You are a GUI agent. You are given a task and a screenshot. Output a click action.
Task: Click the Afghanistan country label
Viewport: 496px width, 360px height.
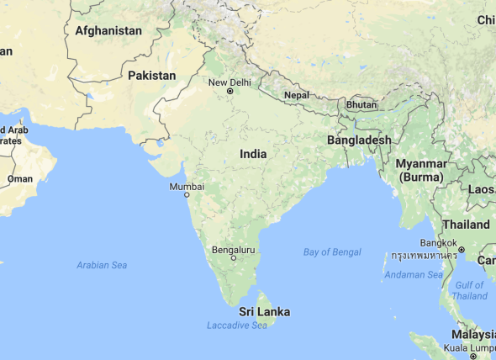click(108, 30)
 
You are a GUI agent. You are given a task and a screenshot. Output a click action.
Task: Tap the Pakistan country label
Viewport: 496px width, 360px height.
click(152, 76)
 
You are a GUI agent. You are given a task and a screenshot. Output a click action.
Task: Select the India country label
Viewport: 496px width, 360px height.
click(253, 154)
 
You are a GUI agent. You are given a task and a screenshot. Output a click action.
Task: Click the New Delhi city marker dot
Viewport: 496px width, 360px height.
click(229, 92)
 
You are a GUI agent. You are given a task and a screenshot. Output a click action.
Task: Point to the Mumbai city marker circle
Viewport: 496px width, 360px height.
click(187, 195)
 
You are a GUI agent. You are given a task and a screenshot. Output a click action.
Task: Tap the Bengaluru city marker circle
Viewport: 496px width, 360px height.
click(234, 258)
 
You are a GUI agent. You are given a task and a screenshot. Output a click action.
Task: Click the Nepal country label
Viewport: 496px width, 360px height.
click(297, 95)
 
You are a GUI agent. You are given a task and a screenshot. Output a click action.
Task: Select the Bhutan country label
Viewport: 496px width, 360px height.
click(361, 105)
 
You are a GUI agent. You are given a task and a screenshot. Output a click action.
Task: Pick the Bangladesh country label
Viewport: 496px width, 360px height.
click(359, 140)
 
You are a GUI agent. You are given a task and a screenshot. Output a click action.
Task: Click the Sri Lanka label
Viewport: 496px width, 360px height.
click(264, 312)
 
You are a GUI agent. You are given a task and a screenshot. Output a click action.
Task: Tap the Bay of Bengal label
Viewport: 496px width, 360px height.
click(332, 252)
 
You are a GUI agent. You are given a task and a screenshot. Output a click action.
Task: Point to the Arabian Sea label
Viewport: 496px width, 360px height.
click(102, 265)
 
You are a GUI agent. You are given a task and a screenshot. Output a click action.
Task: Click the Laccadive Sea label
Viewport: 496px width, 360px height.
click(237, 326)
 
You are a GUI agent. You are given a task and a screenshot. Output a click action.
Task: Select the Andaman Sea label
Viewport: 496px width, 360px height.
click(413, 275)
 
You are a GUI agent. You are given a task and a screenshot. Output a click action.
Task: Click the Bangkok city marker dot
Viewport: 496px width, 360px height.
click(462, 250)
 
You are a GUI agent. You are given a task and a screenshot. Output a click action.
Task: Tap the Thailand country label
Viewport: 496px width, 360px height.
click(466, 225)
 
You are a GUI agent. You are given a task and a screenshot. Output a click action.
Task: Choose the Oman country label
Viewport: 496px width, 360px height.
click(20, 178)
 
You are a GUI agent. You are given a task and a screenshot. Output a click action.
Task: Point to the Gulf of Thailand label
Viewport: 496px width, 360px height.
click(469, 290)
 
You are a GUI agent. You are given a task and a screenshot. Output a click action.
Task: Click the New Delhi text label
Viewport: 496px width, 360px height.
click(230, 82)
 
